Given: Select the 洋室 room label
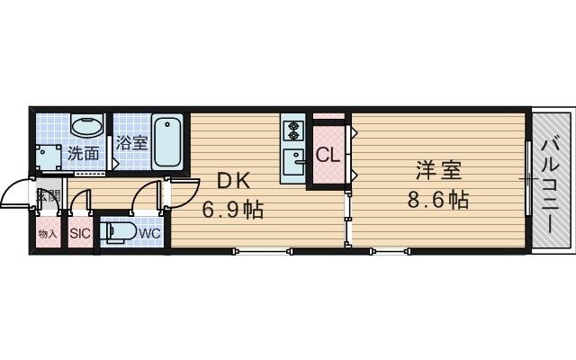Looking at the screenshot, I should point(438,168).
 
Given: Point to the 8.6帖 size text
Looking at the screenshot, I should point(440,199).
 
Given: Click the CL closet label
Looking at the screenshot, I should point(328,154).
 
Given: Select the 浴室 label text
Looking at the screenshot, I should point(132,143).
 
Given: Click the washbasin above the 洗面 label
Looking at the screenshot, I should point(85,128).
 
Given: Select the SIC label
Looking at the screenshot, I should point(81,233).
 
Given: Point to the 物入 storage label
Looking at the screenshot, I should point(48,234).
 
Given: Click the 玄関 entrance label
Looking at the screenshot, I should point(48,195).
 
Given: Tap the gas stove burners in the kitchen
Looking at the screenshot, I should point(294,131).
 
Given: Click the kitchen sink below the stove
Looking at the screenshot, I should point(294,162).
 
